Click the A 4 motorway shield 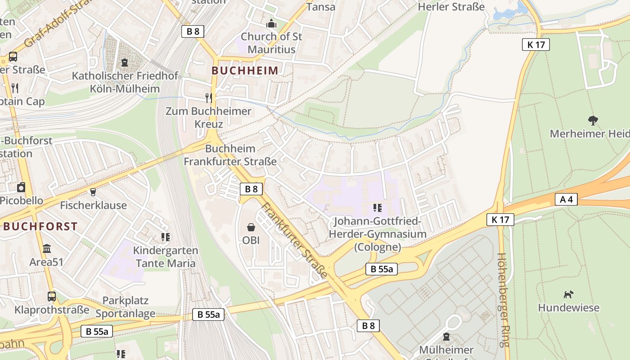click(x=566, y=199)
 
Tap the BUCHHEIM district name click(x=245, y=71)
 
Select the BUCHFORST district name click(x=40, y=226)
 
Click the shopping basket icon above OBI click(x=251, y=228)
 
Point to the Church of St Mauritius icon click(x=271, y=23)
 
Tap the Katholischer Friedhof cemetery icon click(x=125, y=63)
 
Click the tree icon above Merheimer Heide click(x=593, y=120)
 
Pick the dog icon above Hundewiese click(x=569, y=294)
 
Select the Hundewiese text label click(x=569, y=308)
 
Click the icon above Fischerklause click(x=93, y=192)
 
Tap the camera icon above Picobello click(x=21, y=187)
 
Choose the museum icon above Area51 click(x=46, y=248)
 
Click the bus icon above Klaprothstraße click(x=52, y=297)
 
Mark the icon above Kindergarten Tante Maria click(x=165, y=237)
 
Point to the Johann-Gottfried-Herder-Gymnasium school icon click(x=378, y=208)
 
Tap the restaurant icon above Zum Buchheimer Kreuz click(x=208, y=98)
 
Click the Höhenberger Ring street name click(x=503, y=300)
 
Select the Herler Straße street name click(x=451, y=6)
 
